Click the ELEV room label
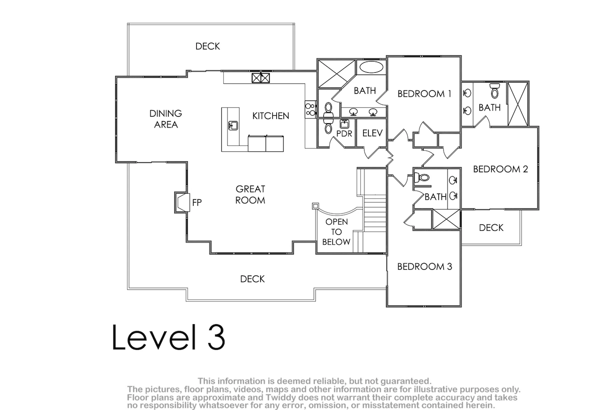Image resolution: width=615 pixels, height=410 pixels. click(x=372, y=133)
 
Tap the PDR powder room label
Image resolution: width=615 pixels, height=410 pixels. click(x=344, y=134)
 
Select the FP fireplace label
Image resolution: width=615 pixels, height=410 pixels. click(x=197, y=203)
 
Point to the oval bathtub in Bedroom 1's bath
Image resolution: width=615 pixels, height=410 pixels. click(x=371, y=67)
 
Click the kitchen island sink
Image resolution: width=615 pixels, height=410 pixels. click(x=233, y=125)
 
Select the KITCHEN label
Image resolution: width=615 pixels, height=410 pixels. click(x=271, y=116)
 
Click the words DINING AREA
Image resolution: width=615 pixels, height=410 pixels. click(x=166, y=119)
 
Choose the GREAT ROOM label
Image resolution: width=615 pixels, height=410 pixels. click(x=250, y=195)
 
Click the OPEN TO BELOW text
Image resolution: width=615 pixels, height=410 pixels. click(x=336, y=232)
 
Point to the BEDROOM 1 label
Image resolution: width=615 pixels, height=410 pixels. click(x=424, y=94)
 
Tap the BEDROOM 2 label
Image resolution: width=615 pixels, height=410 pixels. click(x=500, y=169)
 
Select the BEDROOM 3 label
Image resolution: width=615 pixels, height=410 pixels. click(x=424, y=266)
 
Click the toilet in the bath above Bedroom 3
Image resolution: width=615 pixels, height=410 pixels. click(x=422, y=177)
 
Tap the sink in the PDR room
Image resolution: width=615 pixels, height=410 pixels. click(x=344, y=124)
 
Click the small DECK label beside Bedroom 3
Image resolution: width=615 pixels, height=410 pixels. click(x=491, y=228)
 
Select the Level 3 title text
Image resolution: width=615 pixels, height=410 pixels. click(x=169, y=337)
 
